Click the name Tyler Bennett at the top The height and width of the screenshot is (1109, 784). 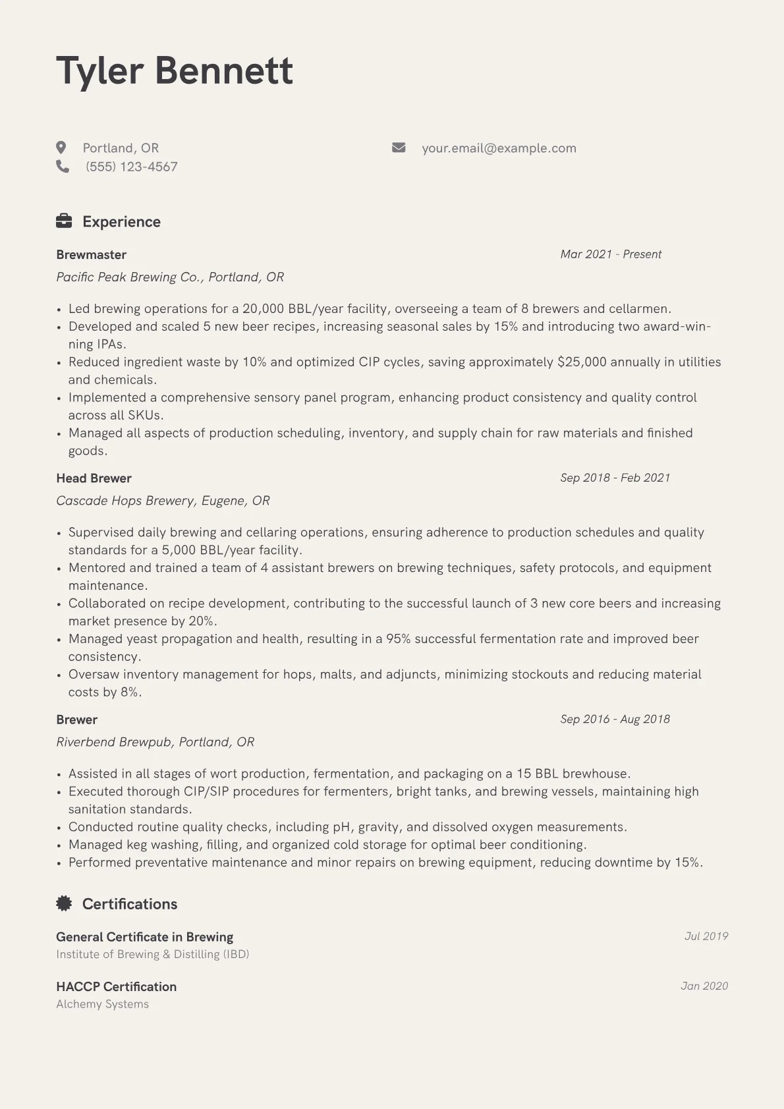coord(175,71)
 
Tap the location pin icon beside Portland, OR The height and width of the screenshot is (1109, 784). coord(61,148)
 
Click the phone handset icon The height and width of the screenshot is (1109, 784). coord(63,166)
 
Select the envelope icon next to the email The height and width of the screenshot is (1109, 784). coord(399,148)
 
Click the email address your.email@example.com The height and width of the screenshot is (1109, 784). coord(499,148)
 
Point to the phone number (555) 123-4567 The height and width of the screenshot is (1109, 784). coord(131,167)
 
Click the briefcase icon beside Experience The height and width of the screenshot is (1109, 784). coord(64,221)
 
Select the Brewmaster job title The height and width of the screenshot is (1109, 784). coord(91,254)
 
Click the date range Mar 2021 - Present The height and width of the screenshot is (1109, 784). coord(611,254)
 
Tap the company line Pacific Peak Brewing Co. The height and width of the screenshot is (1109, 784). coord(170,277)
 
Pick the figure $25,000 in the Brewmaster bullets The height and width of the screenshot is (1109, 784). coord(582,362)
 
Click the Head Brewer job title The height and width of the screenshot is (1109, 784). coord(94,478)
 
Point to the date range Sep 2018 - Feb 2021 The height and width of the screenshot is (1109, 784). coord(615,478)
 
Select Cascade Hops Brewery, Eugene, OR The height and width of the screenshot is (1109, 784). coord(163,501)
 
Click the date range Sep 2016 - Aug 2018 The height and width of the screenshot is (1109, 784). coord(615,719)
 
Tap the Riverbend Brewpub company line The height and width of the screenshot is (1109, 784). coord(155,742)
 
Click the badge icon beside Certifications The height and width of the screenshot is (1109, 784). coord(64,903)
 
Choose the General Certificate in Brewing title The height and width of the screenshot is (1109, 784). coord(144,937)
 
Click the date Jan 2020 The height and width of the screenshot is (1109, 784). coord(704,986)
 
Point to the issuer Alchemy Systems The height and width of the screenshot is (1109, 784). coord(102,1004)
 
